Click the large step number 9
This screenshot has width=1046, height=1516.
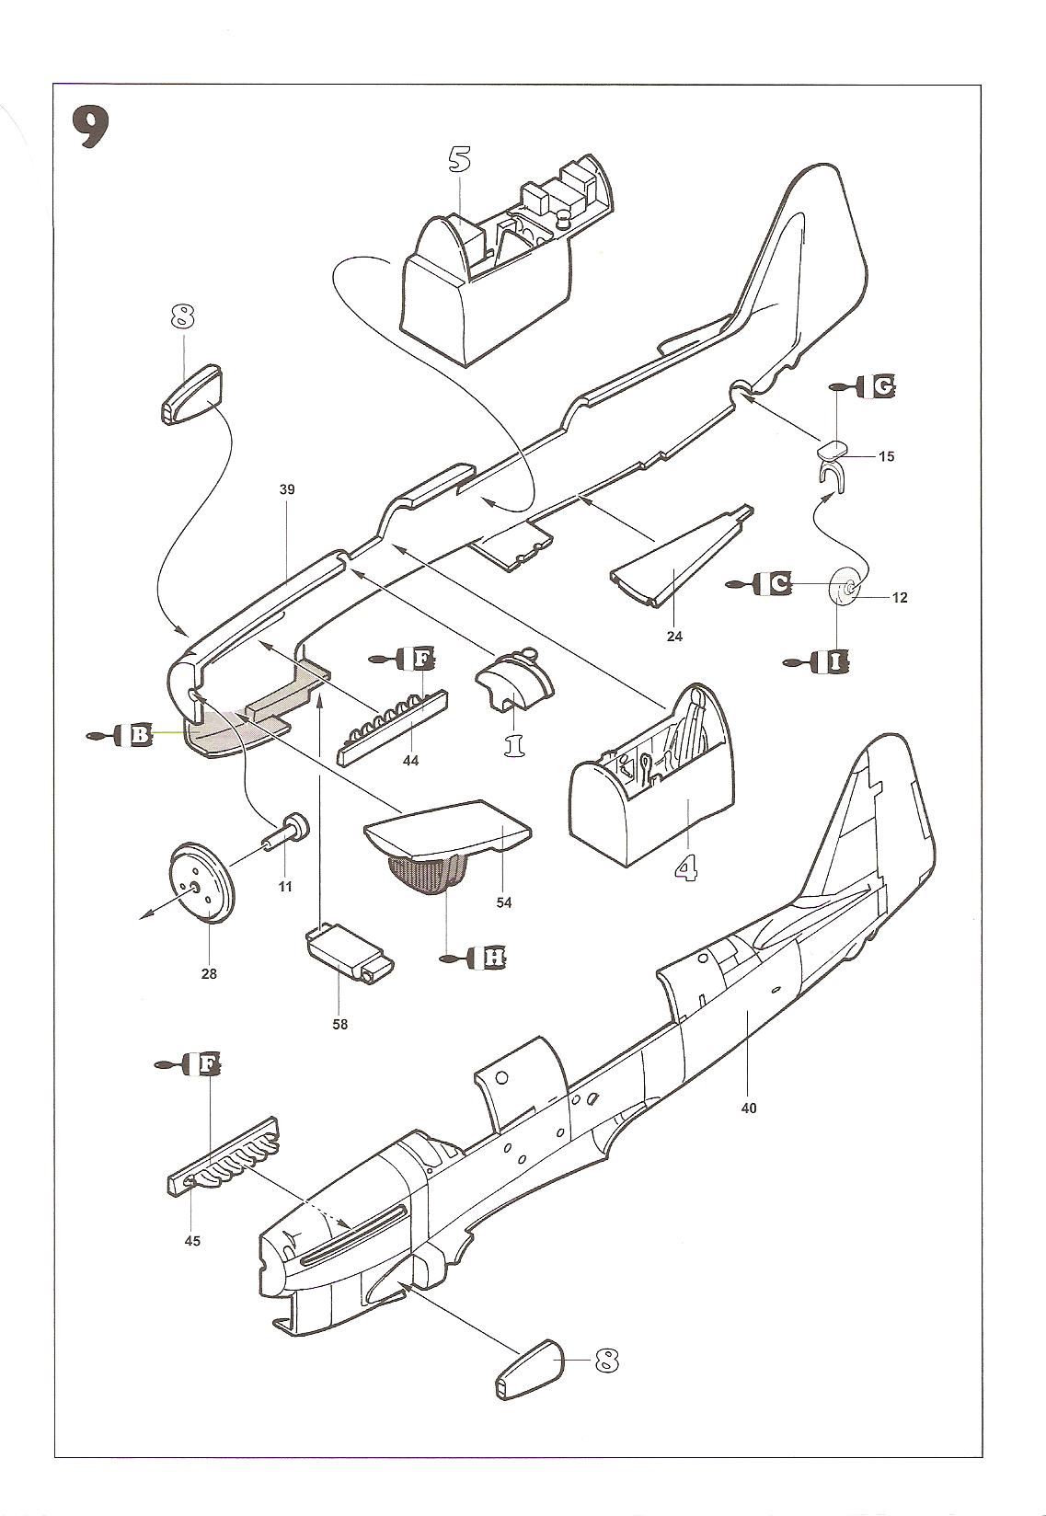(92, 128)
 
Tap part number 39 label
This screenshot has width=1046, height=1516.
(287, 490)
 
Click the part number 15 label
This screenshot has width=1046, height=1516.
(885, 456)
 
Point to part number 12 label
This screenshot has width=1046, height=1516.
(899, 598)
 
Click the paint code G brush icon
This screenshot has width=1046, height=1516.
(865, 386)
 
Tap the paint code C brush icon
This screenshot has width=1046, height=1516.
(761, 583)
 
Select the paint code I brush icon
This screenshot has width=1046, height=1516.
(818, 661)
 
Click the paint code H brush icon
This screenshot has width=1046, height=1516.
(478, 958)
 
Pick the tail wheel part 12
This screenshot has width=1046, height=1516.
(846, 587)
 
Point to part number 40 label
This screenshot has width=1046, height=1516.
(748, 1108)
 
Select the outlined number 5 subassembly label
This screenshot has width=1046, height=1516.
(459, 158)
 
